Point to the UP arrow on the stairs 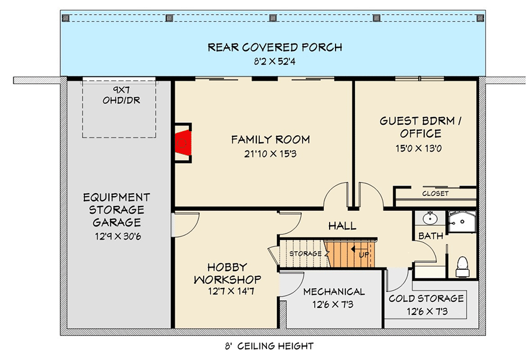[355, 251]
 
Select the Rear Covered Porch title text [275, 47]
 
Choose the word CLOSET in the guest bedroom [435, 193]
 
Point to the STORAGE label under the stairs [305, 254]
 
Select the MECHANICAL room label [334, 292]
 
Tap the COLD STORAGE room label [426, 299]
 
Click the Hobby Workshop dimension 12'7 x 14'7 [227, 291]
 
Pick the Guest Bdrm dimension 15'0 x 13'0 [418, 148]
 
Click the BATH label [430, 235]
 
